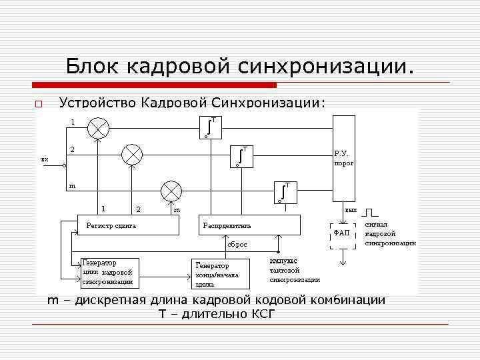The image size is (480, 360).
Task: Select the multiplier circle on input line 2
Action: (132, 155)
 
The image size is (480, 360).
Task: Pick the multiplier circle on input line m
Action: (172, 191)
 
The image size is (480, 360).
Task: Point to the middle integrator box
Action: (240, 155)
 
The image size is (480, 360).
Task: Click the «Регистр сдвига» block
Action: (129, 225)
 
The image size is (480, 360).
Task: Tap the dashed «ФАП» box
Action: (343, 233)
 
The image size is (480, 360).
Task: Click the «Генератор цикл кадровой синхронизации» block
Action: (108, 272)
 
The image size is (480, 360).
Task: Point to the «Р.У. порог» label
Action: (344, 157)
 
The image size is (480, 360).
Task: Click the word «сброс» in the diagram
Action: (237, 245)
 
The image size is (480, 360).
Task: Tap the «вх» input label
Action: (45, 159)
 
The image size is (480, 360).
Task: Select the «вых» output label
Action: (351, 210)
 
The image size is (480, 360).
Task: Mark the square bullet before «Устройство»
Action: (38, 104)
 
